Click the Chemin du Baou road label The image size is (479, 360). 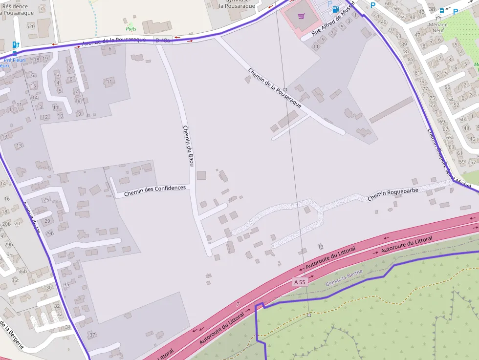click(x=188, y=146)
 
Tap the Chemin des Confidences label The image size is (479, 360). click(x=155, y=191)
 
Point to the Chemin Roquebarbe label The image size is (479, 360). click(x=392, y=194)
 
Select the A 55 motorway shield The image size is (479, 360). click(x=300, y=282)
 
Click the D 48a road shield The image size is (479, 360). click(x=162, y=40)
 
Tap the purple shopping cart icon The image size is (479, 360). click(x=302, y=16)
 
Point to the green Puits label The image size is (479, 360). click(x=131, y=29)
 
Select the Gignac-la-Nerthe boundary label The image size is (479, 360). click(x=344, y=278)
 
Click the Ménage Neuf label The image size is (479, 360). click(x=437, y=27)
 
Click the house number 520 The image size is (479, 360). click(x=31, y=26)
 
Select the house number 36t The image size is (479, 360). click(x=15, y=280)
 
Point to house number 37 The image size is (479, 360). click(x=92, y=335)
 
